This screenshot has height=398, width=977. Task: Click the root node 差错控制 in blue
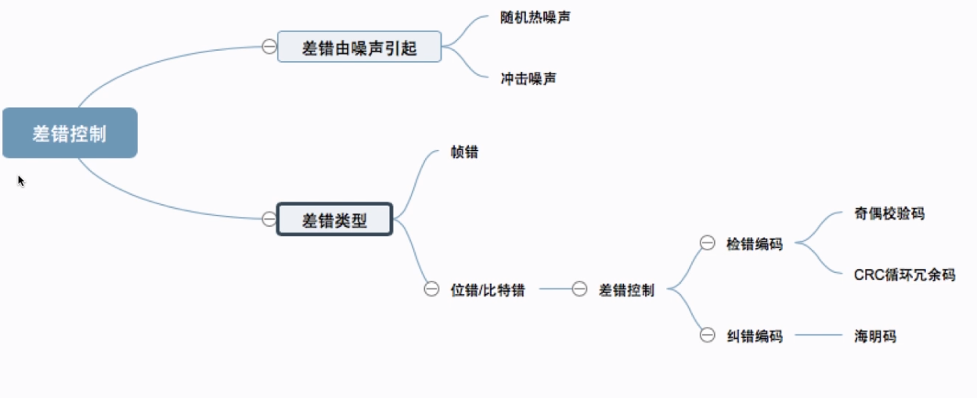click(x=70, y=133)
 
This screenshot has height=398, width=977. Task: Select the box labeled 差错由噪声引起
click(x=359, y=48)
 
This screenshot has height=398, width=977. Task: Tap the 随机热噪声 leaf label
click(x=535, y=16)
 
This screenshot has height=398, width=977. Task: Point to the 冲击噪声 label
click(x=528, y=78)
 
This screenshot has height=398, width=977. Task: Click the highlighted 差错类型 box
click(x=334, y=220)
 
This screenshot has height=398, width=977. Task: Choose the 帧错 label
click(x=464, y=152)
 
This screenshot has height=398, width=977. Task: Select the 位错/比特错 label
click(x=488, y=289)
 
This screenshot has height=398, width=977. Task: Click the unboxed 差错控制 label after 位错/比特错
click(x=626, y=289)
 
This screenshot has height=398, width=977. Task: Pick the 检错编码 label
click(x=754, y=244)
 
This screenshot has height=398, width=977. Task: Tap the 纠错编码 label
click(x=754, y=336)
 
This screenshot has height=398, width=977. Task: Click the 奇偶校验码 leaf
click(x=889, y=213)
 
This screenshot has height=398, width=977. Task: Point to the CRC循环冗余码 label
click(x=904, y=274)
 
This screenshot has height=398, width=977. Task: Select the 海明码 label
click(x=875, y=336)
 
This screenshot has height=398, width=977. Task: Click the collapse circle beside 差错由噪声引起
click(x=269, y=48)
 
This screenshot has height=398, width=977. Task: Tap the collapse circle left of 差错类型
click(x=269, y=219)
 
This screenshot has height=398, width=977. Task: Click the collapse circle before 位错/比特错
click(x=431, y=289)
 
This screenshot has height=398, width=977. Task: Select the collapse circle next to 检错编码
click(x=707, y=244)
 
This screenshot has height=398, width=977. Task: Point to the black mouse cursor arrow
click(x=21, y=181)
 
